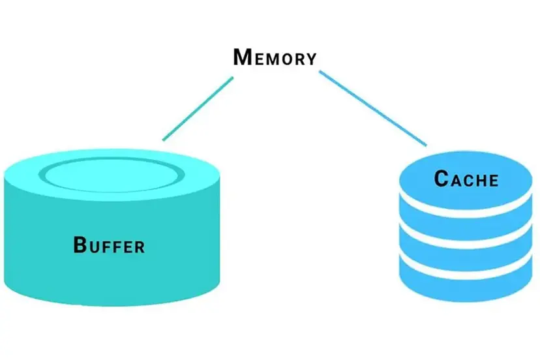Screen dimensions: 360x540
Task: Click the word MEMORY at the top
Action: [275, 57]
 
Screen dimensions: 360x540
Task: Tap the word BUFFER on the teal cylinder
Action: [108, 246]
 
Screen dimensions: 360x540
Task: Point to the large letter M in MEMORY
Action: [242, 57]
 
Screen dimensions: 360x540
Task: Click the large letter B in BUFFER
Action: [80, 245]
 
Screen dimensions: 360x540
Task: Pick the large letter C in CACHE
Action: [442, 178]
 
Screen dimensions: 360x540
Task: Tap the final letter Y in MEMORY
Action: [311, 59]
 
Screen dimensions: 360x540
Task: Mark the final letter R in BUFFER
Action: [138, 247]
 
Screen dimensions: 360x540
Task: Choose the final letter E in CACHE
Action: [492, 180]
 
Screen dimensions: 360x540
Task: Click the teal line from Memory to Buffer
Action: [198, 109]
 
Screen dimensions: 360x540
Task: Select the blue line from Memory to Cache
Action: [372, 108]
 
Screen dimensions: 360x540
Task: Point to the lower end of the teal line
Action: [164, 139]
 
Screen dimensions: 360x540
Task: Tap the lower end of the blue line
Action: [425, 144]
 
